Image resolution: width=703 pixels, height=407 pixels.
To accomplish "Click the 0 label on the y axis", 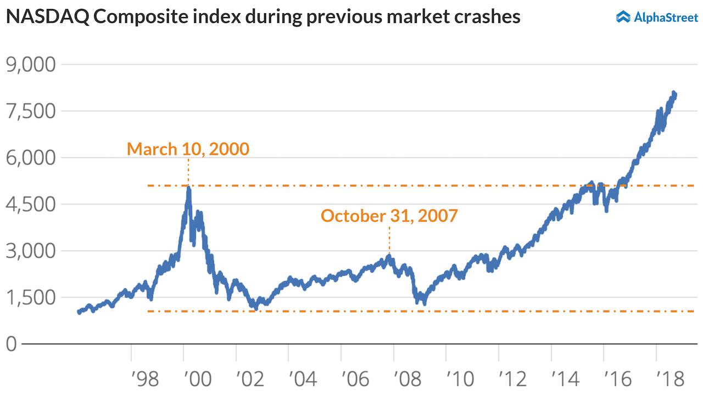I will pyautogui.click(x=12, y=344).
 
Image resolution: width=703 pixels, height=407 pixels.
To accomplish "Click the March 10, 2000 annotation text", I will pyautogui.click(x=188, y=149).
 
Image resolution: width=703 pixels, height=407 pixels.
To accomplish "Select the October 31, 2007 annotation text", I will pyautogui.click(x=389, y=216).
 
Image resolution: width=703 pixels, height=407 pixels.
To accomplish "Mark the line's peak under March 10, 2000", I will pyautogui.click(x=188, y=188).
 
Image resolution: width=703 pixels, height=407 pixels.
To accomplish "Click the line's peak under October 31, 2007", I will pyautogui.click(x=389, y=256).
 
